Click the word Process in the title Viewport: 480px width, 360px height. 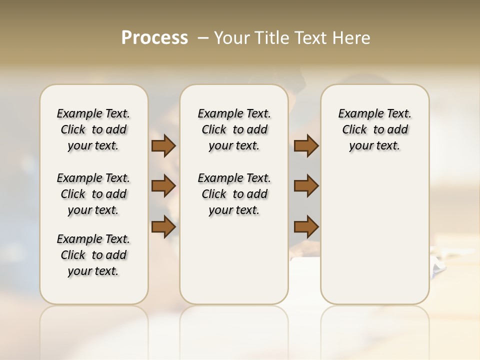click(154, 37)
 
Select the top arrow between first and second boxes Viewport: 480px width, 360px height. click(163, 146)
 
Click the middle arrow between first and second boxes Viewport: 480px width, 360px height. click(163, 186)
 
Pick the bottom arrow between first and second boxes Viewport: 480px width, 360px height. click(163, 227)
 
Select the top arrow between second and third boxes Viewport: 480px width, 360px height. click(306, 146)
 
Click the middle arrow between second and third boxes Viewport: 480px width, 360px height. click(306, 186)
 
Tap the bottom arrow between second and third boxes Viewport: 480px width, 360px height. click(306, 227)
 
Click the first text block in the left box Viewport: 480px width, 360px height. click(93, 129)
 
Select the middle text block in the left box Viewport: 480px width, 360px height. click(93, 194)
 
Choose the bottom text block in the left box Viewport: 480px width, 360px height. click(93, 255)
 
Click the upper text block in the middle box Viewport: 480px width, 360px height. click(234, 129)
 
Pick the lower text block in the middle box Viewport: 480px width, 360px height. click(234, 194)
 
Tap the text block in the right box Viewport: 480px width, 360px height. click(374, 129)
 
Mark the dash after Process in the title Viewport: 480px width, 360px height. click(203, 38)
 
